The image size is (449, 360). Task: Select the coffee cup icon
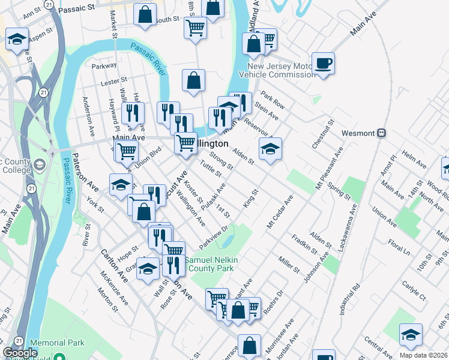(x=323, y=64)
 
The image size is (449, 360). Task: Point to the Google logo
(x=20, y=353)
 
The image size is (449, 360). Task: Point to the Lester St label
(x=115, y=80)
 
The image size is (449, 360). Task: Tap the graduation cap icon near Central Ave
(x=411, y=335)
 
